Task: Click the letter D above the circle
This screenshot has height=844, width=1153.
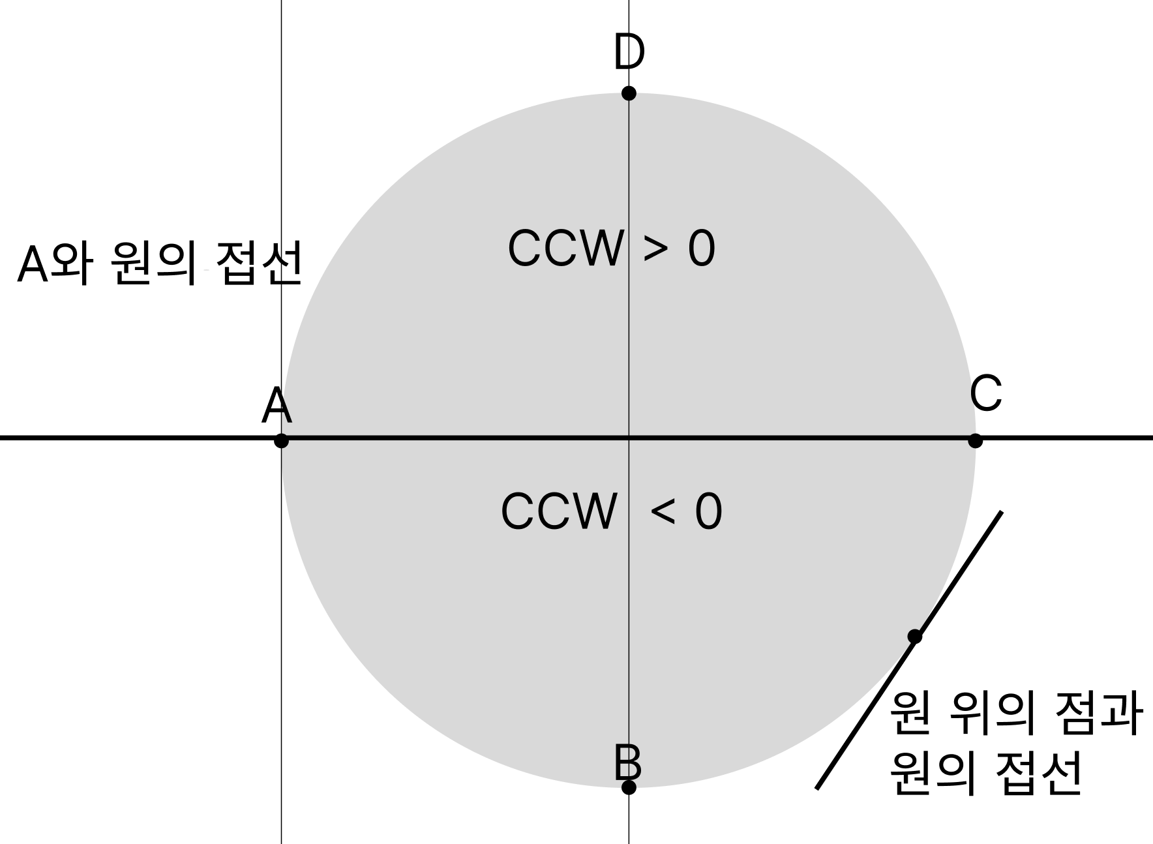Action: coord(629,52)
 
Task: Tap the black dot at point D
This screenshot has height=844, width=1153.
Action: coord(629,93)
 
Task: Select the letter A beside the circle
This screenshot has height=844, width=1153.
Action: coord(277,406)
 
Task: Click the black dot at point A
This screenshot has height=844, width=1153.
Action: coord(281,441)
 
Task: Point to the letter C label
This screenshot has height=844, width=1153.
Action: coord(985,394)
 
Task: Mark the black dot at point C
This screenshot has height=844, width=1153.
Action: coord(975,441)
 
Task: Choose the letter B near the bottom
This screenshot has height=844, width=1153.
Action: coord(628,762)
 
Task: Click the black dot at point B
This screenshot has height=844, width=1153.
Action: coord(629,787)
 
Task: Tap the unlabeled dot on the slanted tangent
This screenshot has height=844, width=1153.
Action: coord(915,637)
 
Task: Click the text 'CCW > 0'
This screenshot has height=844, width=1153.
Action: coord(611,249)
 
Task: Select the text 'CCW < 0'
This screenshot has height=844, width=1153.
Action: coord(611,511)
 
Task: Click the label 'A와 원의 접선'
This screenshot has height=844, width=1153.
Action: coord(160,264)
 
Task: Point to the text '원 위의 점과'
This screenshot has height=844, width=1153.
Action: coord(1015,714)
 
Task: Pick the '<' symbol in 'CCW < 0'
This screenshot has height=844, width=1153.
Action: coord(663,511)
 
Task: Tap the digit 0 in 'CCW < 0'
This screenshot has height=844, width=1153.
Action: coord(709,512)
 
